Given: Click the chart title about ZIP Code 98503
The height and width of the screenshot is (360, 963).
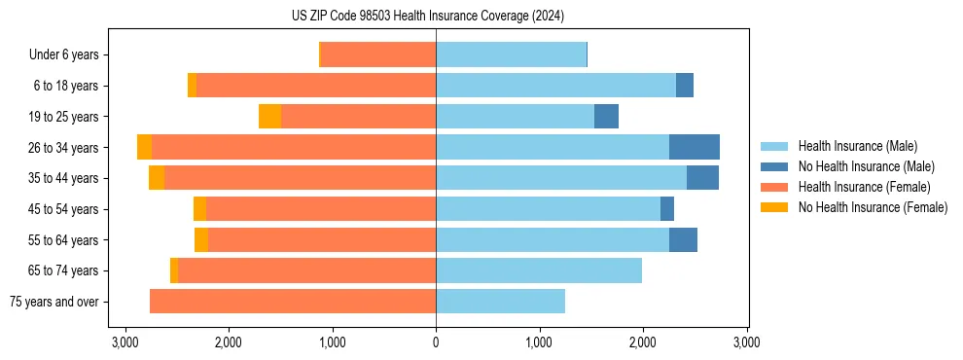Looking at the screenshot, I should (x=427, y=17).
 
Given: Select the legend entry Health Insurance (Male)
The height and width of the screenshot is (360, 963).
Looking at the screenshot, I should (x=857, y=146).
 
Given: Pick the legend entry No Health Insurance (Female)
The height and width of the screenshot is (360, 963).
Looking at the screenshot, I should (x=872, y=207).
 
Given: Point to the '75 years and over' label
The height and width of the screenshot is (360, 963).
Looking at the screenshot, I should (x=53, y=302).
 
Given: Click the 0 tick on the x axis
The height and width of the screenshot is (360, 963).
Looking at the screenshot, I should (x=436, y=342).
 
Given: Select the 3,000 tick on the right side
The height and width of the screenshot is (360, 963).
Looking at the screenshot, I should (x=746, y=342).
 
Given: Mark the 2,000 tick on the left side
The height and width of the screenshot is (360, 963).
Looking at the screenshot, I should (x=229, y=342).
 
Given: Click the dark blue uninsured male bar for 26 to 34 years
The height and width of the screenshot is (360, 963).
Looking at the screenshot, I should (x=695, y=147).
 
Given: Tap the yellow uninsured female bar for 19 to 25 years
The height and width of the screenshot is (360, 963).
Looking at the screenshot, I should (x=269, y=117).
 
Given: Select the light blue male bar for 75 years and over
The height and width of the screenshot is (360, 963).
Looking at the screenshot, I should (x=500, y=302).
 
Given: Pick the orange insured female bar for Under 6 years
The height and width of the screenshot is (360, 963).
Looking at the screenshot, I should (x=378, y=55).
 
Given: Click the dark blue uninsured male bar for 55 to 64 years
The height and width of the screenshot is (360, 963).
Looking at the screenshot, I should (x=683, y=239).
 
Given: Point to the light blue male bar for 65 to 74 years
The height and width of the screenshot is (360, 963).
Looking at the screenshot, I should (x=539, y=270).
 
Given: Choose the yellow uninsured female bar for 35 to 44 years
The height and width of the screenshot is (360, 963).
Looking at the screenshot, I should (x=157, y=178).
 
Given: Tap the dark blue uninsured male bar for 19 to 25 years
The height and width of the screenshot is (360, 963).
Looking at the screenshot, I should (x=606, y=117).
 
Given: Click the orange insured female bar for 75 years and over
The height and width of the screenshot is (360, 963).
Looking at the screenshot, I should (x=293, y=302).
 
